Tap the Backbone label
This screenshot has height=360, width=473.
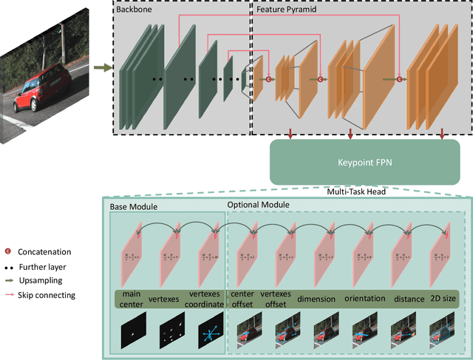[x=132, y=10]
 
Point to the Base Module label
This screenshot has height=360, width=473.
[x=134, y=206]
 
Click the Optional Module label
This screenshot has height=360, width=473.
[x=258, y=203]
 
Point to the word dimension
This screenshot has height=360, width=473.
[x=316, y=299]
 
